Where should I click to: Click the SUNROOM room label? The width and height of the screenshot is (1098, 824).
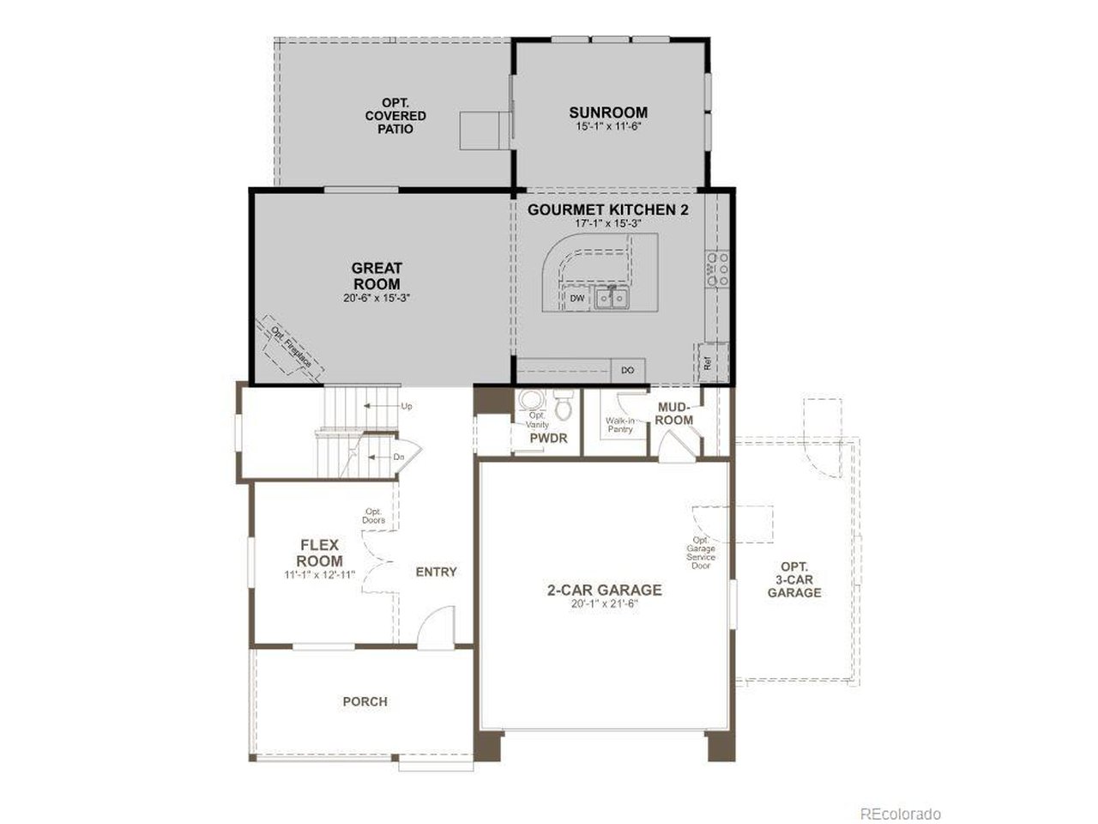(608, 112)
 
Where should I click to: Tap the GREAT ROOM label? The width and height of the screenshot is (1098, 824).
(376, 276)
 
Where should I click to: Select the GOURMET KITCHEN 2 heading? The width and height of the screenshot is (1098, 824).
(608, 209)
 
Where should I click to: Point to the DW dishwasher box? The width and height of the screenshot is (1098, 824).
(577, 298)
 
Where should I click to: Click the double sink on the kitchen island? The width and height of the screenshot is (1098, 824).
(611, 298)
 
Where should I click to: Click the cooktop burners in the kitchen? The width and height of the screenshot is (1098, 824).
(716, 268)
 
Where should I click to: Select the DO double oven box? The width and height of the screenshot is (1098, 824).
(628, 370)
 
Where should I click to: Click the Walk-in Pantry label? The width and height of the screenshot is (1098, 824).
(619, 425)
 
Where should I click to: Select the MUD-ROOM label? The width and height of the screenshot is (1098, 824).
(675, 413)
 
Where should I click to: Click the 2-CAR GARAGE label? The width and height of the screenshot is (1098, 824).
(605, 590)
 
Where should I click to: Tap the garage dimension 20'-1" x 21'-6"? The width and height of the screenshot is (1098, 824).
(605, 603)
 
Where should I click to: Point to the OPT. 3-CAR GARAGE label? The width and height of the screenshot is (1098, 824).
(794, 579)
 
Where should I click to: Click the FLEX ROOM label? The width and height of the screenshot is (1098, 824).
(320, 553)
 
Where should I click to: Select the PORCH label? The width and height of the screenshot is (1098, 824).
(365, 701)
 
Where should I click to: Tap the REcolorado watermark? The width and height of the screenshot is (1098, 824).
(901, 813)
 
